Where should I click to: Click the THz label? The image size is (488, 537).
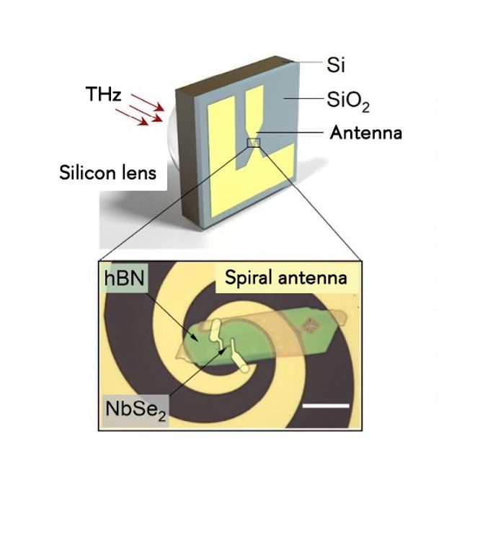click(103, 94)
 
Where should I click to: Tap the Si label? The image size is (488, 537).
click(336, 65)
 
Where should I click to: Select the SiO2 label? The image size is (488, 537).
click(348, 101)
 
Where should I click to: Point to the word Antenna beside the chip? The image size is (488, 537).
click(365, 133)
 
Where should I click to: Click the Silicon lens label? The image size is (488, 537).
click(107, 172)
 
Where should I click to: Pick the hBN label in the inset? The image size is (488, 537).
click(124, 278)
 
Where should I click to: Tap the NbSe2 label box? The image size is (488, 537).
click(136, 410)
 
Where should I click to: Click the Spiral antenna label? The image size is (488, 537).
click(286, 278)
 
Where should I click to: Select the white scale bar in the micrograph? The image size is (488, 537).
click(326, 406)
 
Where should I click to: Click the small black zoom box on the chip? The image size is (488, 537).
click(254, 143)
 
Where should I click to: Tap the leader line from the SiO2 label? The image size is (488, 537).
click(303, 99)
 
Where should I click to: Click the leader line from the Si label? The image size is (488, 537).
click(308, 62)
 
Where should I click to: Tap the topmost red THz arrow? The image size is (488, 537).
click(148, 102)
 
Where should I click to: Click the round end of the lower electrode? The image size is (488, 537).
click(244, 368)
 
